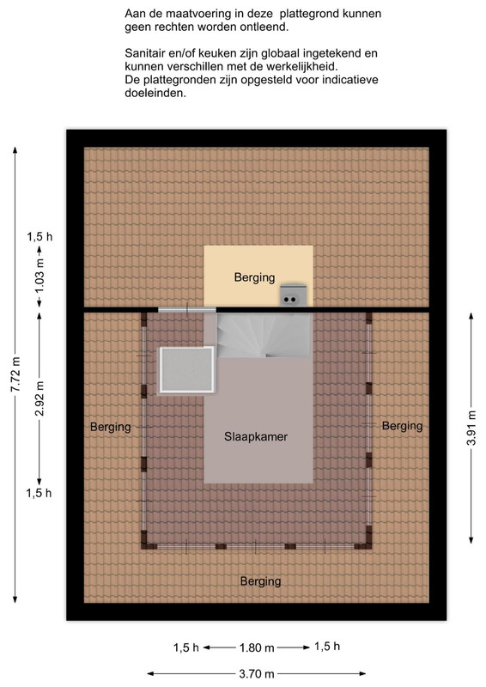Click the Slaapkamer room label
click(256, 437)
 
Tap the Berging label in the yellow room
click(255, 277)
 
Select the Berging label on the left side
click(111, 427)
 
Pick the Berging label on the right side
click(403, 426)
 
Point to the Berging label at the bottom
click(261, 581)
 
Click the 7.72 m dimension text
click(15, 374)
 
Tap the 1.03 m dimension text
click(39, 277)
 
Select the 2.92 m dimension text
click(39, 398)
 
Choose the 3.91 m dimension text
click(471, 428)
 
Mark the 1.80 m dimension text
click(257, 648)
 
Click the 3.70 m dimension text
click(257, 674)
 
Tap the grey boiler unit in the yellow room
click(293, 295)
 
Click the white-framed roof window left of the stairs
click(187, 369)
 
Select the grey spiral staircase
click(264, 336)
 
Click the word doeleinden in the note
click(155, 93)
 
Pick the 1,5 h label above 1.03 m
click(39, 237)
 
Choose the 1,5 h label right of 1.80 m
click(327, 647)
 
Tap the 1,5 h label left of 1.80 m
click(186, 648)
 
